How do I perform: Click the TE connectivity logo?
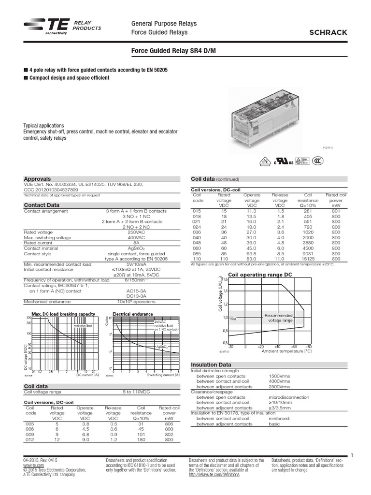tap(43, 28)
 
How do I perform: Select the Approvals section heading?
tap(38, 178)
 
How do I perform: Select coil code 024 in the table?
tap(197, 227)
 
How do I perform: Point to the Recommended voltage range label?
tap(278, 318)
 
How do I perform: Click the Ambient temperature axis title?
tap(286, 352)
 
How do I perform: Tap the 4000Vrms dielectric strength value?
tap(279, 381)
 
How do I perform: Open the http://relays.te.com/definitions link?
tap(214, 475)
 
